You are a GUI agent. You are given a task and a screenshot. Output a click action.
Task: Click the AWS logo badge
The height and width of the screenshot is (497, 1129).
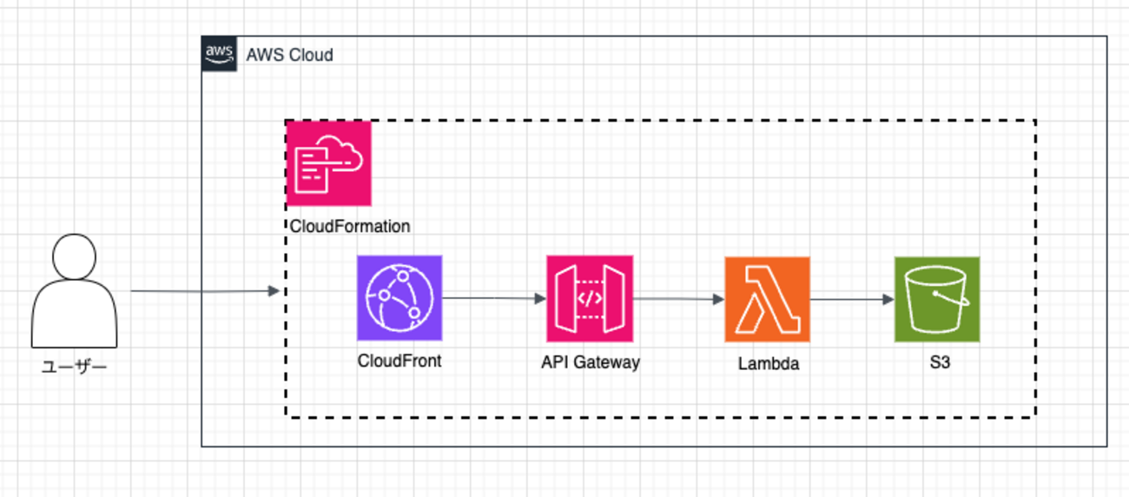[219, 54]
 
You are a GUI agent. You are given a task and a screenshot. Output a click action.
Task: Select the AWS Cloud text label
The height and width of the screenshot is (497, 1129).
[289, 55]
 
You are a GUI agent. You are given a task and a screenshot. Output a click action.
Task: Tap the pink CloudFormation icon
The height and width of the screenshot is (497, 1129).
[328, 163]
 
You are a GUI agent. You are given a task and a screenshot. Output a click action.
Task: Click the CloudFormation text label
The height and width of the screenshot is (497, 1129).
[348, 227]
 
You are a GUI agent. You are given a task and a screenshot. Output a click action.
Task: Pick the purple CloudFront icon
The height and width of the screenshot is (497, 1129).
[399, 298]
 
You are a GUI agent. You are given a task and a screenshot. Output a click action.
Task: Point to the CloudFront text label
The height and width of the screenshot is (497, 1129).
[399, 361]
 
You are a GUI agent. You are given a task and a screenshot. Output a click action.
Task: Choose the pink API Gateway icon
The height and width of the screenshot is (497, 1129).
[590, 298]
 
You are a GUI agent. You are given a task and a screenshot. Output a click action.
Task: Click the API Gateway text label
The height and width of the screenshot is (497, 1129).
[590, 362]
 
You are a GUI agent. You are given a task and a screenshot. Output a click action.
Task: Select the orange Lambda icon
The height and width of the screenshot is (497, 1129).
[767, 299]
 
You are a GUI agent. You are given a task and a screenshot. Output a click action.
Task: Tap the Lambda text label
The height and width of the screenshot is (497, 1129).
[768, 364]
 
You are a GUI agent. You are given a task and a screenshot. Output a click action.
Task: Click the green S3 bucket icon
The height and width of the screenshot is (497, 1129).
[937, 299]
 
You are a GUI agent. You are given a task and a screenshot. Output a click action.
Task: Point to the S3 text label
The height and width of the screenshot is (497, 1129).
[939, 362]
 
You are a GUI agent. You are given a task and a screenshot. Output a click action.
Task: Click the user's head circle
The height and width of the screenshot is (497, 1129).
[75, 255]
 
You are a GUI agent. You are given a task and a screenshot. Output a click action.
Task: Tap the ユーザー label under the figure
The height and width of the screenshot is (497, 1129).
[75, 368]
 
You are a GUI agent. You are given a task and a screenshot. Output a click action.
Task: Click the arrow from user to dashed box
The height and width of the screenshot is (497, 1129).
[204, 291]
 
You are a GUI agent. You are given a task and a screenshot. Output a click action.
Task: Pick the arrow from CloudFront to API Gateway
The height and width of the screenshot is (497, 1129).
[494, 298]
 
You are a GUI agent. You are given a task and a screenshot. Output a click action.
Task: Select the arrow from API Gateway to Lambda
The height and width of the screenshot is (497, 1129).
[678, 299]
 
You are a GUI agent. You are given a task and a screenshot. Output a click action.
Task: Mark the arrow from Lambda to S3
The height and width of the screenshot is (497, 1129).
[852, 299]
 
